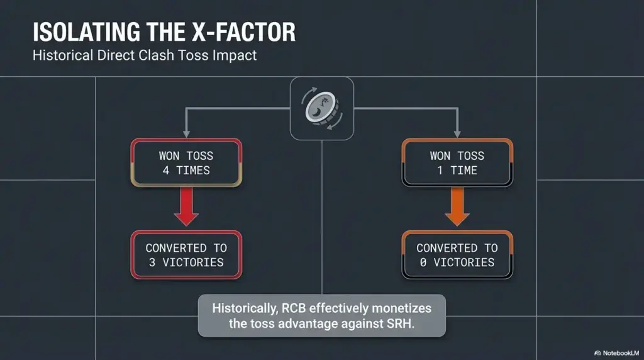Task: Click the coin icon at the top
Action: (321, 108)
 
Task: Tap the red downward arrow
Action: (186, 206)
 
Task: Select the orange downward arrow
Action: (457, 206)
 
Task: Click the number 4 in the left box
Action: (166, 171)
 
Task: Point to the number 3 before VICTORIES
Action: (152, 262)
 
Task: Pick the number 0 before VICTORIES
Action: (423, 262)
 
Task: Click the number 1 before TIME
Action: (440, 171)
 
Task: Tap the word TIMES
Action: (193, 171)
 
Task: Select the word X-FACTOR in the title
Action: (243, 32)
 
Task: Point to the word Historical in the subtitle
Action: (64, 55)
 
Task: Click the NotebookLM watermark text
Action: (621, 353)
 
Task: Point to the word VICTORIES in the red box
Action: (193, 262)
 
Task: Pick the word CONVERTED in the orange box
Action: (447, 248)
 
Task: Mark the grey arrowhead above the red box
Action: (186, 134)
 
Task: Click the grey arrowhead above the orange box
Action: (457, 134)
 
